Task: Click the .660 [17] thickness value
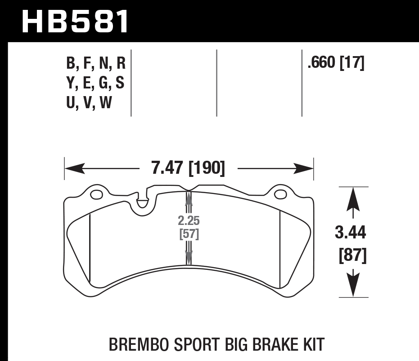335,63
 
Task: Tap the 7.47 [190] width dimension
188,169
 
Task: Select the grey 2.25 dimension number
189,221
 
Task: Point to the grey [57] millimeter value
189,234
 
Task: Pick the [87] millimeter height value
351,256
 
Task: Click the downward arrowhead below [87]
353,285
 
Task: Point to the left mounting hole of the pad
96,195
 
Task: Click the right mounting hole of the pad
281,194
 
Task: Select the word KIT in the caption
312,345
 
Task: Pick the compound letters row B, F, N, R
95,63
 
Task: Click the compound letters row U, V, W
89,103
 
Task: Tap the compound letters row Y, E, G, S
95,84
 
